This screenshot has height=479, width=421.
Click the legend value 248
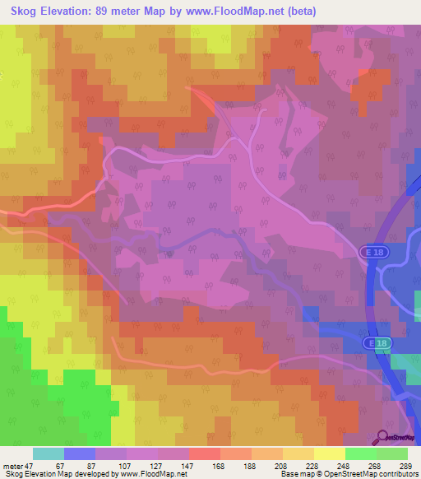(x=350, y=465)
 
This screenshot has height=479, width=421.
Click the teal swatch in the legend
(x=49, y=453)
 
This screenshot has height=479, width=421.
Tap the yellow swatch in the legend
(x=330, y=453)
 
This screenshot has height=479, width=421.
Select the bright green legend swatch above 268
(x=361, y=453)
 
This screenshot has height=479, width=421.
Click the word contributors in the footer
(x=398, y=474)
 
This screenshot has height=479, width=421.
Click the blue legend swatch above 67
(x=80, y=453)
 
